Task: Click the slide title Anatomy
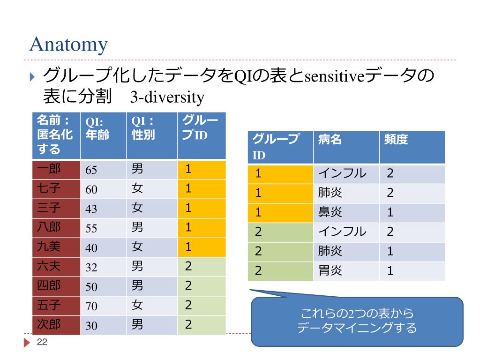[68, 45]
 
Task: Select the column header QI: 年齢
[97, 128]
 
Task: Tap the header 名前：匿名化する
[55, 135]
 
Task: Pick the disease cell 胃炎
[330, 270]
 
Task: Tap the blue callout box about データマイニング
[357, 321]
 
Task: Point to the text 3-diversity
[167, 97]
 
